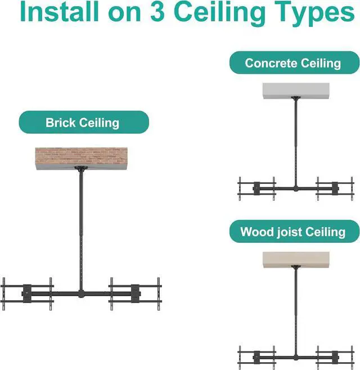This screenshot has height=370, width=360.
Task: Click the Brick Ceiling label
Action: pyautogui.click(x=83, y=123)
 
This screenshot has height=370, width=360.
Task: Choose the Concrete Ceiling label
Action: pyautogui.click(x=293, y=62)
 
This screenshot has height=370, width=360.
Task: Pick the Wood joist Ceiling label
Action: pyautogui.click(x=293, y=232)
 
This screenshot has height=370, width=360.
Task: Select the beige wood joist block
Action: pyautogui.click(x=295, y=259)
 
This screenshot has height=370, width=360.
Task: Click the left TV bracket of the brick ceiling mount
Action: pyautogui.click(x=27, y=294)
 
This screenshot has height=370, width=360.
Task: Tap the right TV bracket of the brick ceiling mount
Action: pyautogui.click(x=135, y=294)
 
